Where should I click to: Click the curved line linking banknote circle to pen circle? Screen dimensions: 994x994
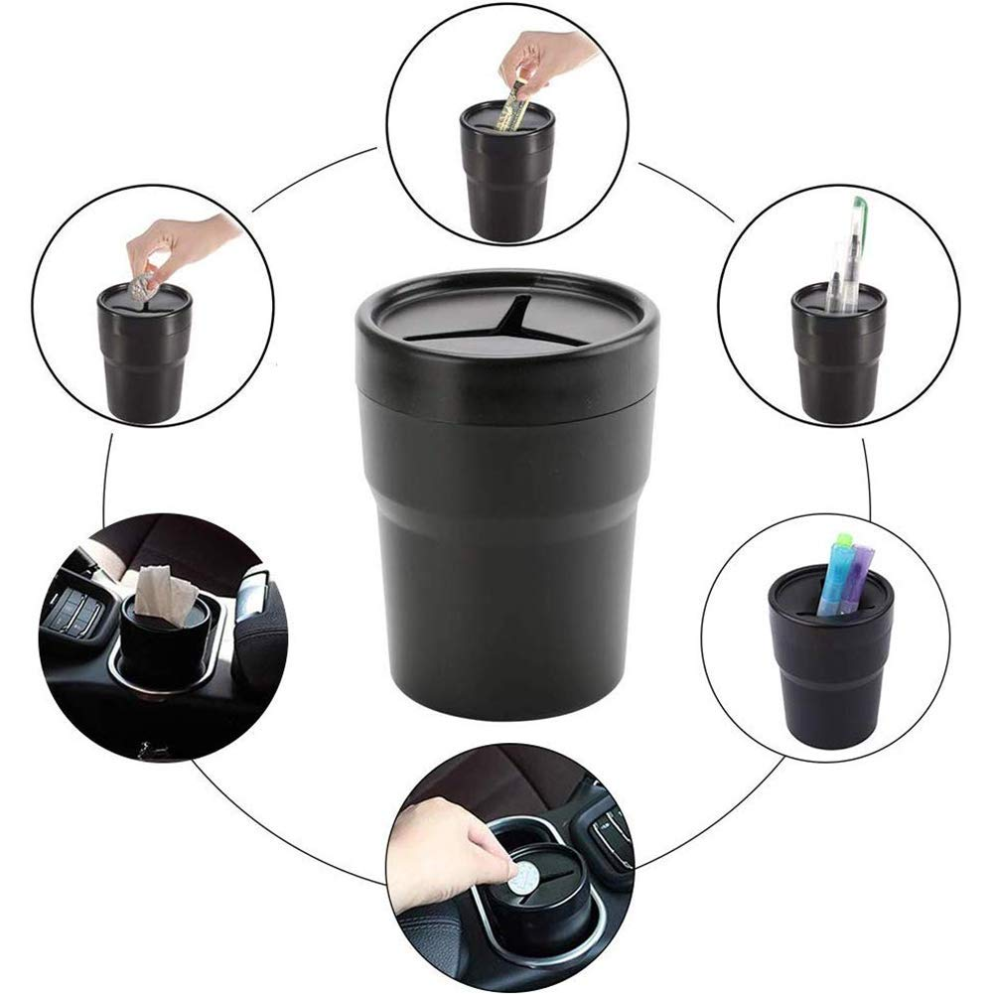pyautogui.click(x=685, y=189)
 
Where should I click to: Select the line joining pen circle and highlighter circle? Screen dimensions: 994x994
pyautogui.click(x=866, y=477)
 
